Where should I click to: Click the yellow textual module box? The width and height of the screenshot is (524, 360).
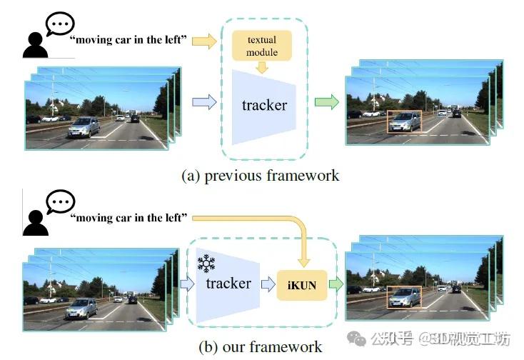[x=261, y=45]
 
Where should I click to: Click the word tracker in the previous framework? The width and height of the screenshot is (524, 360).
[x=264, y=106]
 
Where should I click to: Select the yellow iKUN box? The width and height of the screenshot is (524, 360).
[x=301, y=286]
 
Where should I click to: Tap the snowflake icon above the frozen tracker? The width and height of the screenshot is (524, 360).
[x=206, y=264]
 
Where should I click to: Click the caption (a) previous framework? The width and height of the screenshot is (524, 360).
[x=261, y=175]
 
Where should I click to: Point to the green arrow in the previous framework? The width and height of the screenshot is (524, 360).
[x=327, y=103]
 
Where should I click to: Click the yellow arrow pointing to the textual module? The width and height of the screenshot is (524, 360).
[x=205, y=41]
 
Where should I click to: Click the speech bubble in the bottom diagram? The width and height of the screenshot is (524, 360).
[x=60, y=201]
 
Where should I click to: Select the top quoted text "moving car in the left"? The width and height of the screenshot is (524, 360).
[x=129, y=40]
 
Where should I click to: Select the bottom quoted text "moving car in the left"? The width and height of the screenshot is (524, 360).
[x=129, y=217]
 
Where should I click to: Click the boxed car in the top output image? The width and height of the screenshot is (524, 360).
[x=404, y=121]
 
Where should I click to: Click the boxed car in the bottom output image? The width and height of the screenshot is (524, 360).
[x=403, y=296]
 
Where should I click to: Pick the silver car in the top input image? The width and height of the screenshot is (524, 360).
[x=84, y=126]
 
